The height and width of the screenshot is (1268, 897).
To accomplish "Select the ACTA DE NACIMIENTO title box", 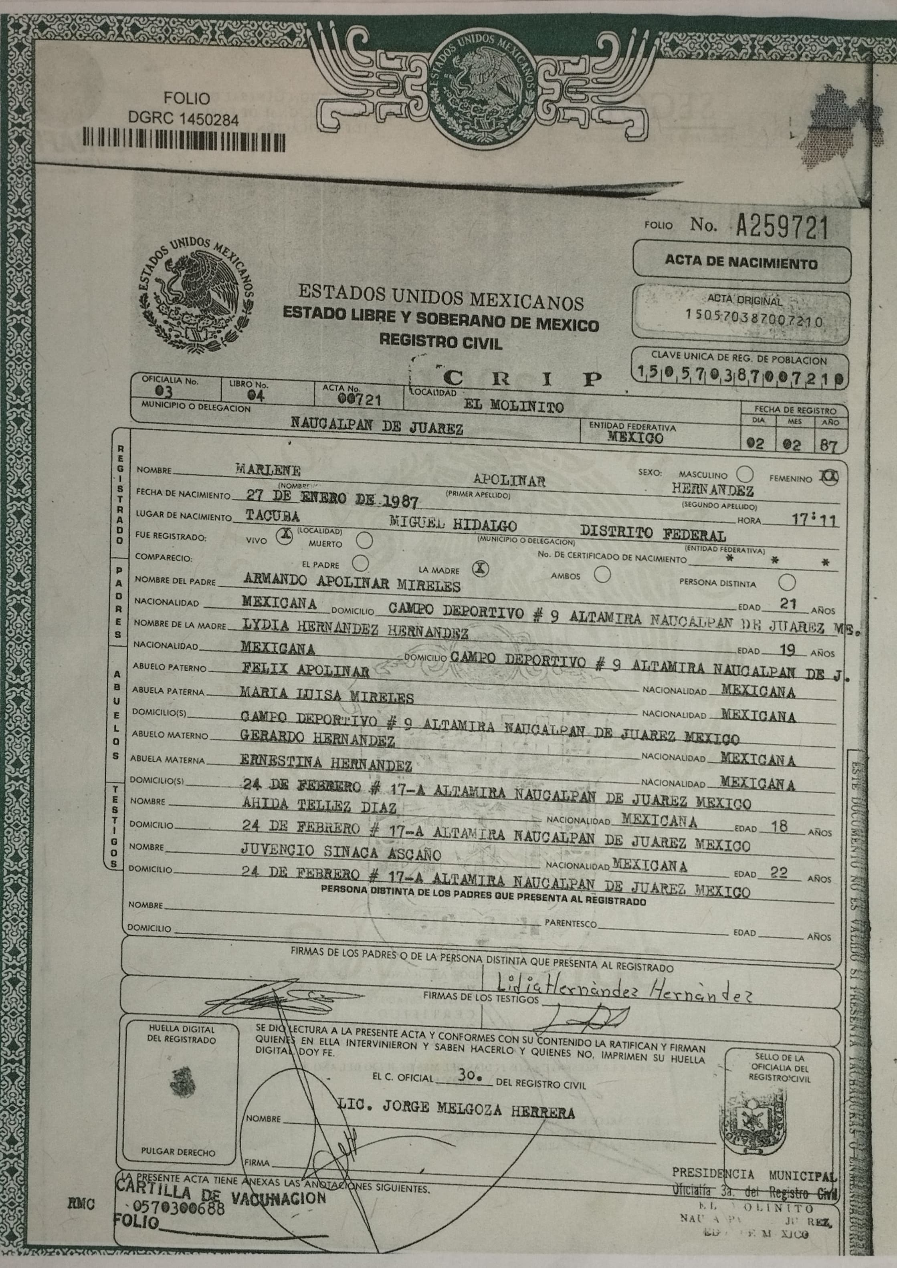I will [x=741, y=262].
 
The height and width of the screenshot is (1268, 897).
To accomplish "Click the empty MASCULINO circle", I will [x=745, y=474].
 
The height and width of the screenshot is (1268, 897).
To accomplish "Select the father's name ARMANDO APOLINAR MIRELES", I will [x=351, y=584].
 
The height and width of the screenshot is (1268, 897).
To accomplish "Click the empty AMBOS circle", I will [x=602, y=575].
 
